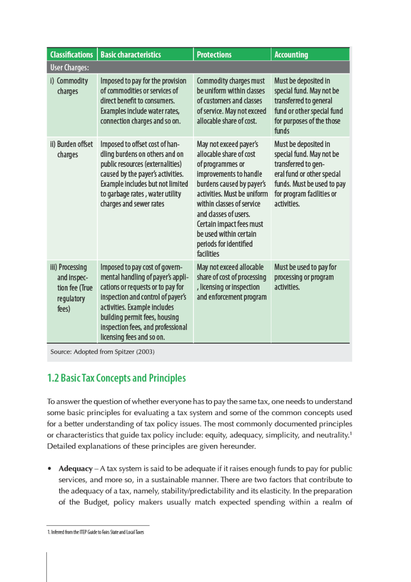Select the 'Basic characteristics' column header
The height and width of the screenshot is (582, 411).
pos(131,55)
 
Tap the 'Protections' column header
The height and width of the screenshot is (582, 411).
pos(214,55)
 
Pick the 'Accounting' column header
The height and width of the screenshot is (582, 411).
pos(291,55)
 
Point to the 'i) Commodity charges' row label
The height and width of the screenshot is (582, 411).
pos(70,86)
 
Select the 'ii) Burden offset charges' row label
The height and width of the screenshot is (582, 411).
pos(71,149)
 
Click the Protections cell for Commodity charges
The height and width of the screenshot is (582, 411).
pos(231,101)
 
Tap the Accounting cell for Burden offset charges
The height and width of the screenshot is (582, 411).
pos(310,174)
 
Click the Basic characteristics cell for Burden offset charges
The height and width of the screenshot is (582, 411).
pos(145,174)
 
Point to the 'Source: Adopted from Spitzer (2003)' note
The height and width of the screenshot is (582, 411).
pos(102,352)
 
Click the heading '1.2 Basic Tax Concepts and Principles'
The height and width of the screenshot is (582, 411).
pos(116,378)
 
